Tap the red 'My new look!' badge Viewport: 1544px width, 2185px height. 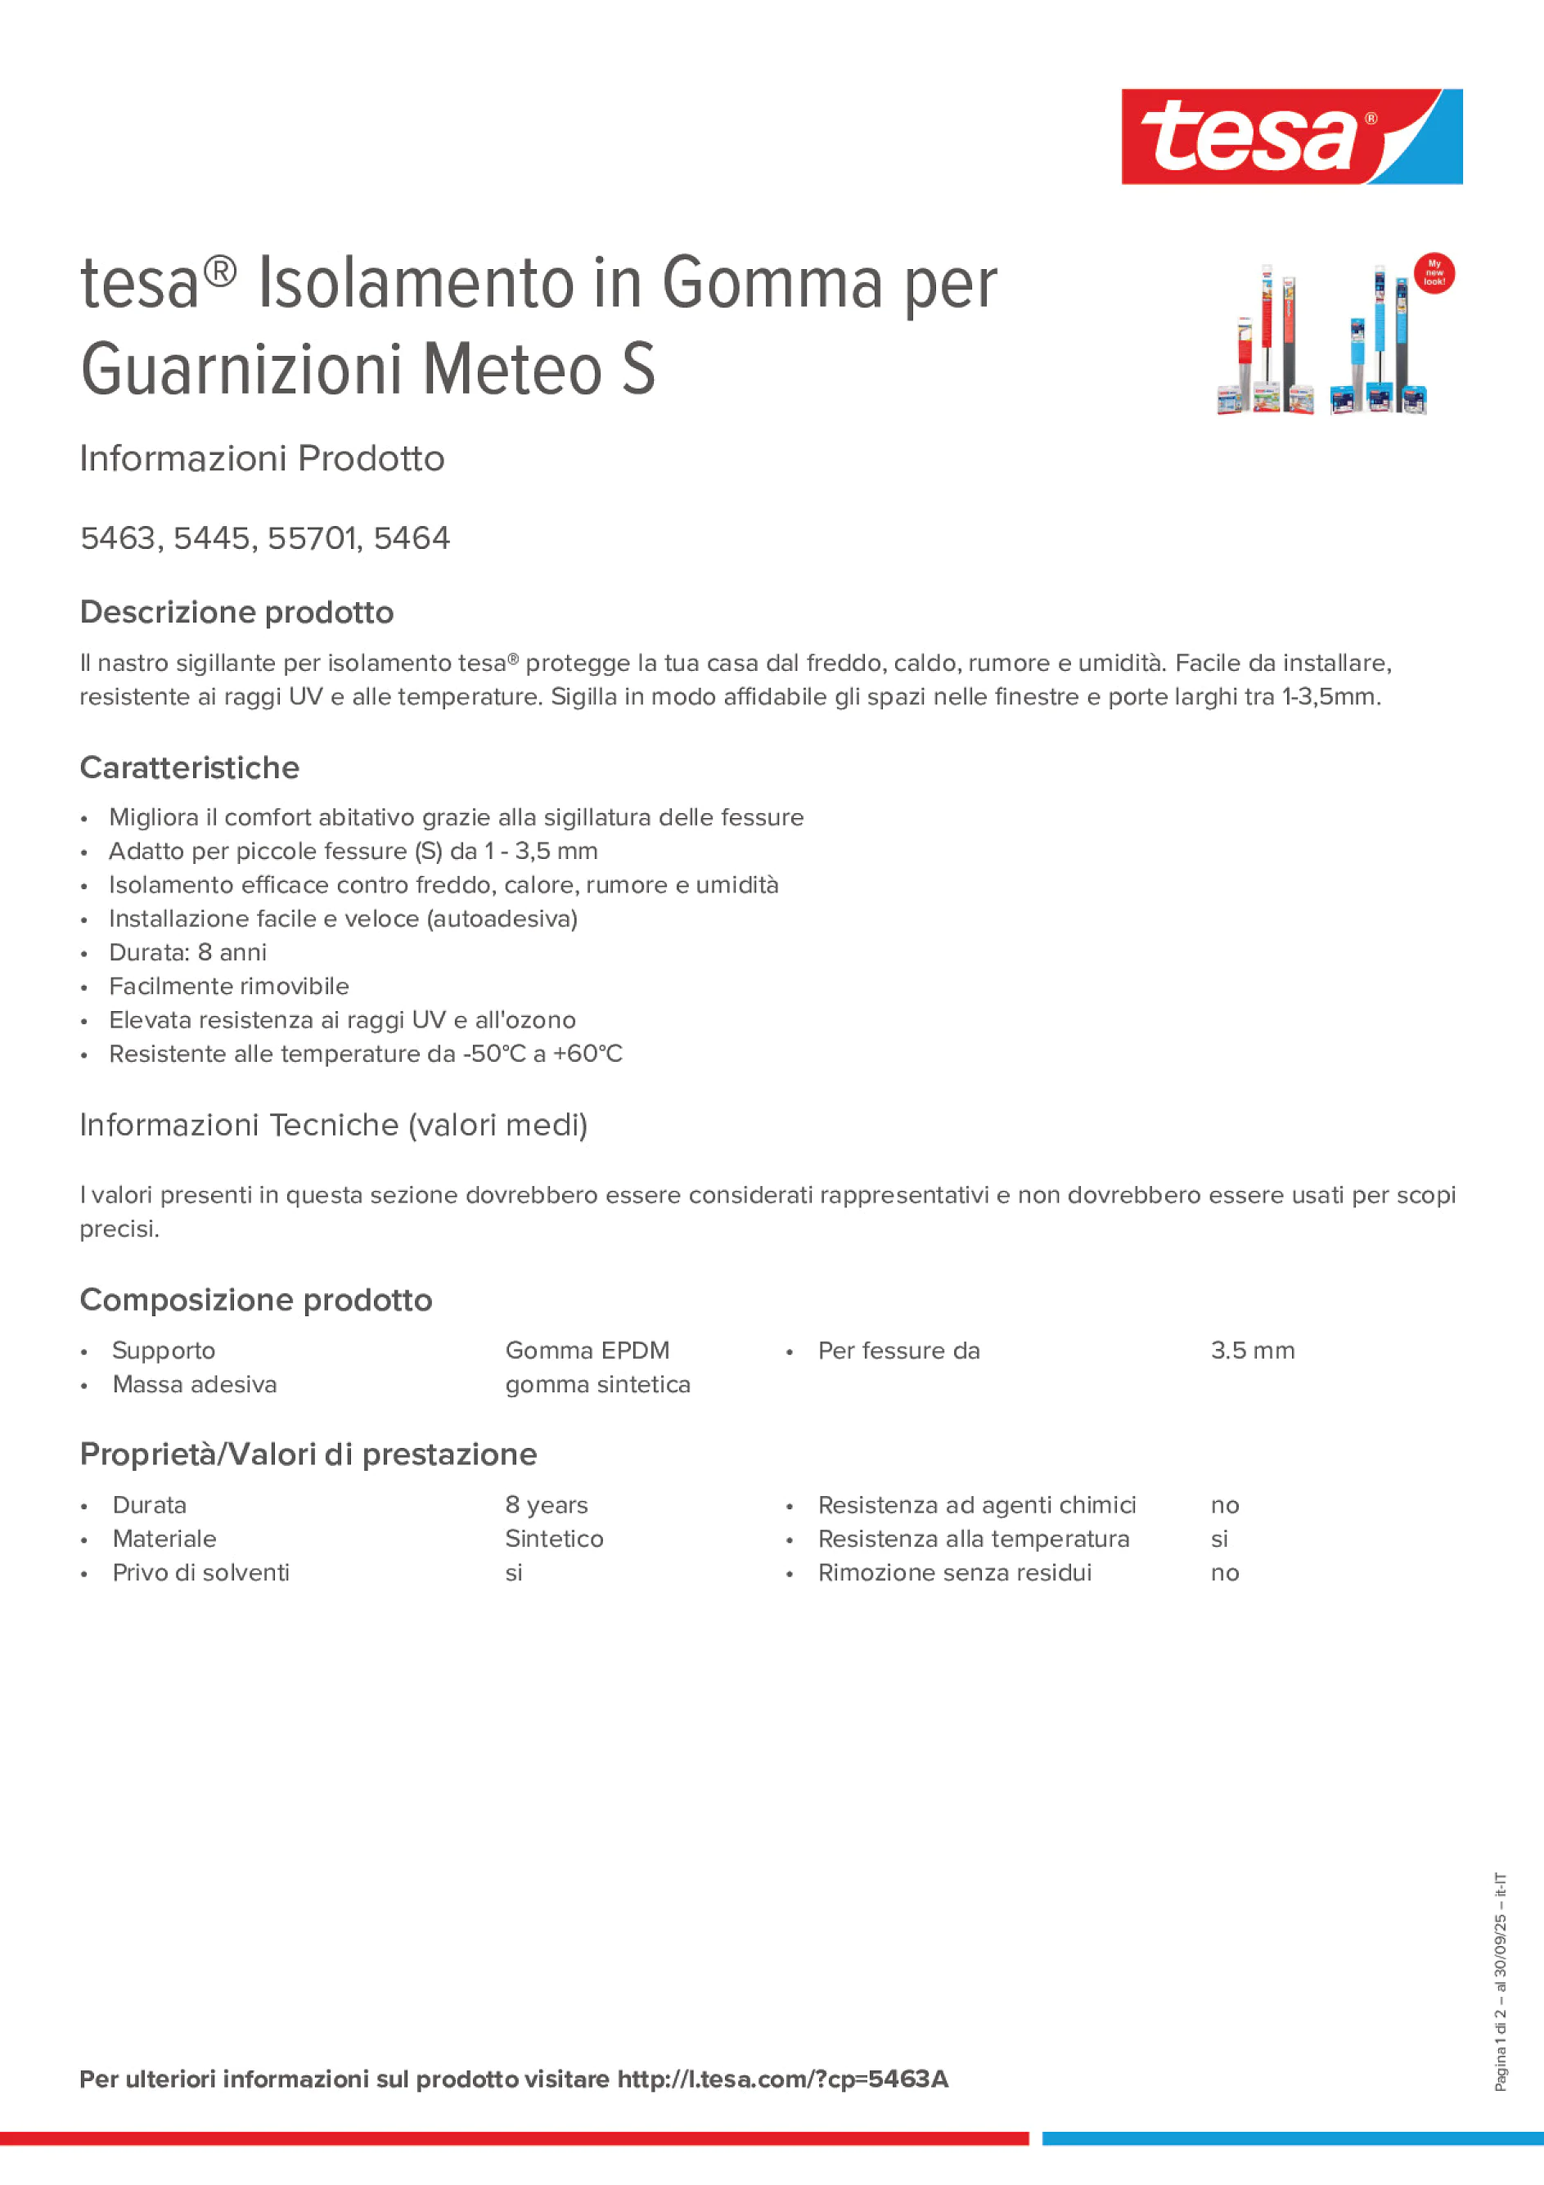1434,273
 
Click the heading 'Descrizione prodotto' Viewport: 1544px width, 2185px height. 236,612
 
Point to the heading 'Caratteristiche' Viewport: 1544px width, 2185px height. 190,768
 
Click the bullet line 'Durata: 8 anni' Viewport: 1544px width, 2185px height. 187,952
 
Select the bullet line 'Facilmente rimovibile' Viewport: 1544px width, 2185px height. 228,986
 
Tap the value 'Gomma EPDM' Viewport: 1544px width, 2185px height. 587,1351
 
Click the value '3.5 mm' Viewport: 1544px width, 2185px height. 1252,1351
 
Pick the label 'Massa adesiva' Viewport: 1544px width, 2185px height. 194,1385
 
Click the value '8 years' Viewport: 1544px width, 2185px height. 547,1504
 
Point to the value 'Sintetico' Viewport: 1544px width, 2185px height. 554,1539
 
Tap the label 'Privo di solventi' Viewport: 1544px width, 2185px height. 200,1572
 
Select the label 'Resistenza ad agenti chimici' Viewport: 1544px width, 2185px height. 977,1504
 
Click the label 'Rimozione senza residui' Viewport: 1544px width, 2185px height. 955,1572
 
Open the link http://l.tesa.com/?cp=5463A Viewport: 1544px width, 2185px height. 782,2079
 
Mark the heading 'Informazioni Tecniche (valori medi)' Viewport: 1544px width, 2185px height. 333,1125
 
